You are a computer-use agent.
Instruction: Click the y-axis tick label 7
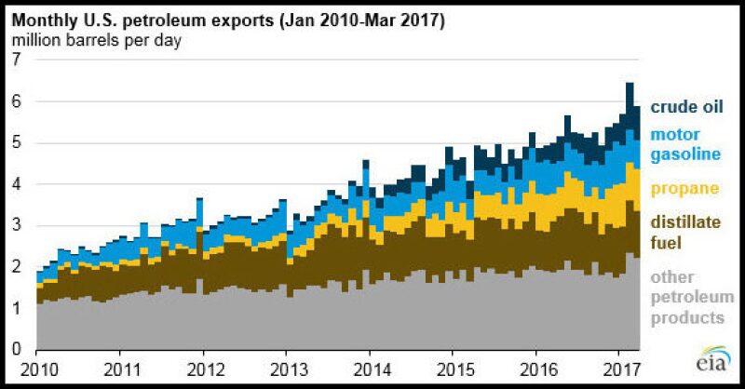[15, 59]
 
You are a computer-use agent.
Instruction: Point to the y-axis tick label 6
[15, 101]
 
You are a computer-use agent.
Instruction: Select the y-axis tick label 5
[15, 142]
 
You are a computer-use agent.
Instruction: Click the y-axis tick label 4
[15, 183]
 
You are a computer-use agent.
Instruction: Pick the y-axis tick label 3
[15, 225]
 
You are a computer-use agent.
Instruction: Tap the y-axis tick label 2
[15, 266]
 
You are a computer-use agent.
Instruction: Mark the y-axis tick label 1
[15, 308]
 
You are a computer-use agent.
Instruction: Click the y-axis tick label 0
[15, 349]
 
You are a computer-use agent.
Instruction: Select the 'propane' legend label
[684, 189]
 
